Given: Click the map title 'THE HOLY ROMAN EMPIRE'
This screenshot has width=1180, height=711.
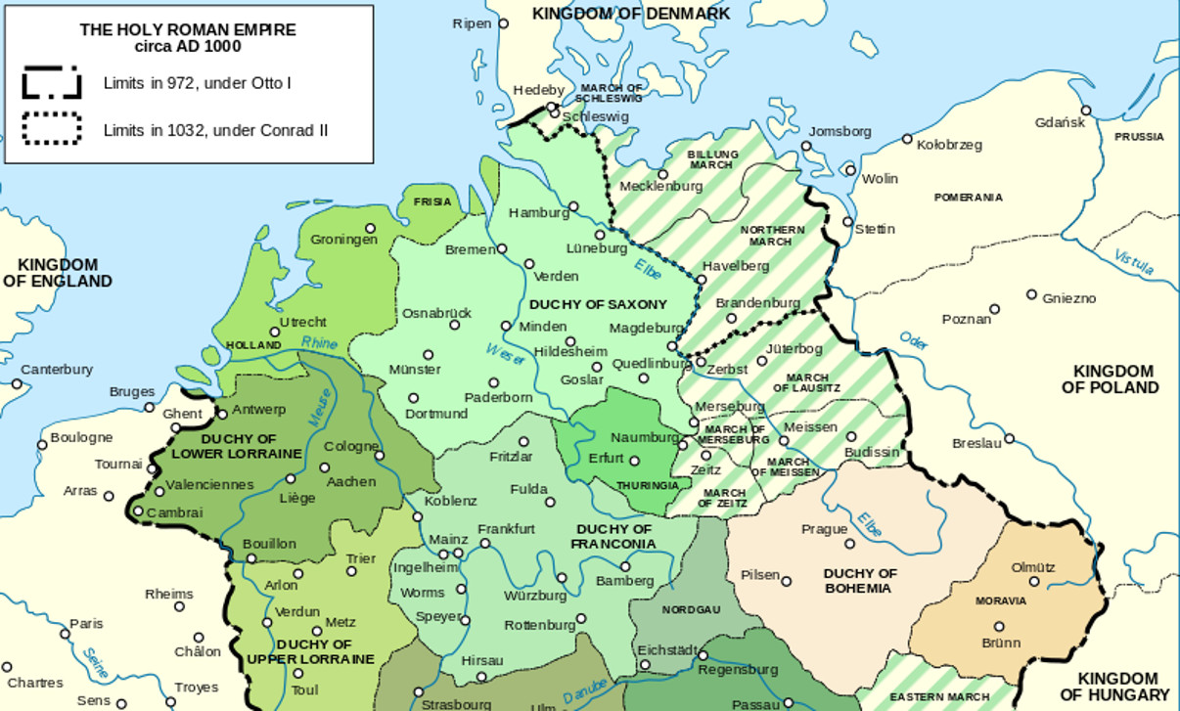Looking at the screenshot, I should (x=188, y=30).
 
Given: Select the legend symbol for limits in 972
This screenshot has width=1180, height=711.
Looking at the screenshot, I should (x=52, y=83).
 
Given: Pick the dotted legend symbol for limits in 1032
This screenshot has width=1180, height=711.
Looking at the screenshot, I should (x=52, y=129).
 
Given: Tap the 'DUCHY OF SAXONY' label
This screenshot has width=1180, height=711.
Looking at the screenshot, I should (x=598, y=304).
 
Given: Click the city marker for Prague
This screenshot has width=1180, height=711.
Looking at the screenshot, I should (x=849, y=544).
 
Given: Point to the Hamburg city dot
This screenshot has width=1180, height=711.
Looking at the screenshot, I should (x=573, y=206).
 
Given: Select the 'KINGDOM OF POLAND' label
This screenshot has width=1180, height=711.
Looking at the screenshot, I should (x=1112, y=379).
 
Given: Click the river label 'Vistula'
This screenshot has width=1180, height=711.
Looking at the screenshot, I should (x=1134, y=262).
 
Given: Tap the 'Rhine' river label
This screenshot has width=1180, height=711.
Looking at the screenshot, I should (x=319, y=343).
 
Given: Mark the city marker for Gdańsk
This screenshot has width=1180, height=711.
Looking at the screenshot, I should (x=1086, y=111).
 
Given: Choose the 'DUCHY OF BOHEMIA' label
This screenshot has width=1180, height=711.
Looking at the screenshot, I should (x=860, y=581).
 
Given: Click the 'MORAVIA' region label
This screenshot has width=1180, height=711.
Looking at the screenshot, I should (x=1001, y=600).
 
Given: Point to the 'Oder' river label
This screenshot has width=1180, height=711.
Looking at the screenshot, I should (x=913, y=341).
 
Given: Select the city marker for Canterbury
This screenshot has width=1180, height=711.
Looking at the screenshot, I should (x=17, y=384).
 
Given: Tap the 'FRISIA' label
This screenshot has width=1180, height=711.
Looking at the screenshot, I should (x=432, y=201).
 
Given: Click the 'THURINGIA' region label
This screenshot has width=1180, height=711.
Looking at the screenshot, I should (x=647, y=485).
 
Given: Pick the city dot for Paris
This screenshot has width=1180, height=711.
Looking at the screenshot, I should (x=66, y=635).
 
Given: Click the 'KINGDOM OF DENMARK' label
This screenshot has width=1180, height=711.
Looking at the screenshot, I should (x=631, y=14).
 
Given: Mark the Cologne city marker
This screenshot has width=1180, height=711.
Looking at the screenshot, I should (x=380, y=455).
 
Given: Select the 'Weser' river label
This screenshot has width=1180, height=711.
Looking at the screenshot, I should (x=505, y=353).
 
